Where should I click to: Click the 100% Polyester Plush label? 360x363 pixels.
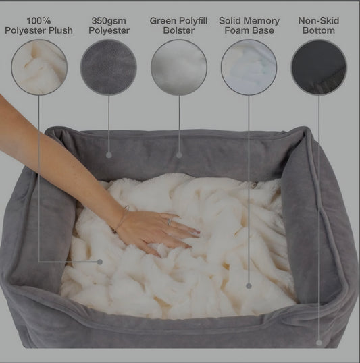coord(38,26)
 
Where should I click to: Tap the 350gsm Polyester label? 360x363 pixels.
coord(109,26)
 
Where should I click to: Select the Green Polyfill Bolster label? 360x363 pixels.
coord(178,26)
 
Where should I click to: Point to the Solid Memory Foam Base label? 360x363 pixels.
coord(249,26)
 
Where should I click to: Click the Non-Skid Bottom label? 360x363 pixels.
coord(319,26)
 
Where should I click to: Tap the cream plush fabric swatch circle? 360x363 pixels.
coord(39,67)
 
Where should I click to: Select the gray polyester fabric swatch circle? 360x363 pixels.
coord(109,67)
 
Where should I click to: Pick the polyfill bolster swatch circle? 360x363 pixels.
coord(179,67)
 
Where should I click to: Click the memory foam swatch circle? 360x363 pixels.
coord(249,67)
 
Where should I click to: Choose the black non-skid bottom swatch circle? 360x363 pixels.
coord(319,67)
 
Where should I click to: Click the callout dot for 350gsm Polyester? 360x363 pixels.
coord(109,155)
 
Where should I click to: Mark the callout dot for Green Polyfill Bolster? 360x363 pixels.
coord(179,155)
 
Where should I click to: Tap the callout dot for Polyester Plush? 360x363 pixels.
coord(100,262)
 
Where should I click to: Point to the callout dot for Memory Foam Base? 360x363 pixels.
coord(249,286)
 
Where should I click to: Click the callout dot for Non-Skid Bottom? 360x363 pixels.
coord(319,343)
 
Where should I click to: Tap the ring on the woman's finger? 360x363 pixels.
coord(170,221)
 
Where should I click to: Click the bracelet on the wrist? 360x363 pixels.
coord(122,219)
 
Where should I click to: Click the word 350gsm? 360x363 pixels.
coord(109,21)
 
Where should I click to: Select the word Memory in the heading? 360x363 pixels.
coord(263,21)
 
